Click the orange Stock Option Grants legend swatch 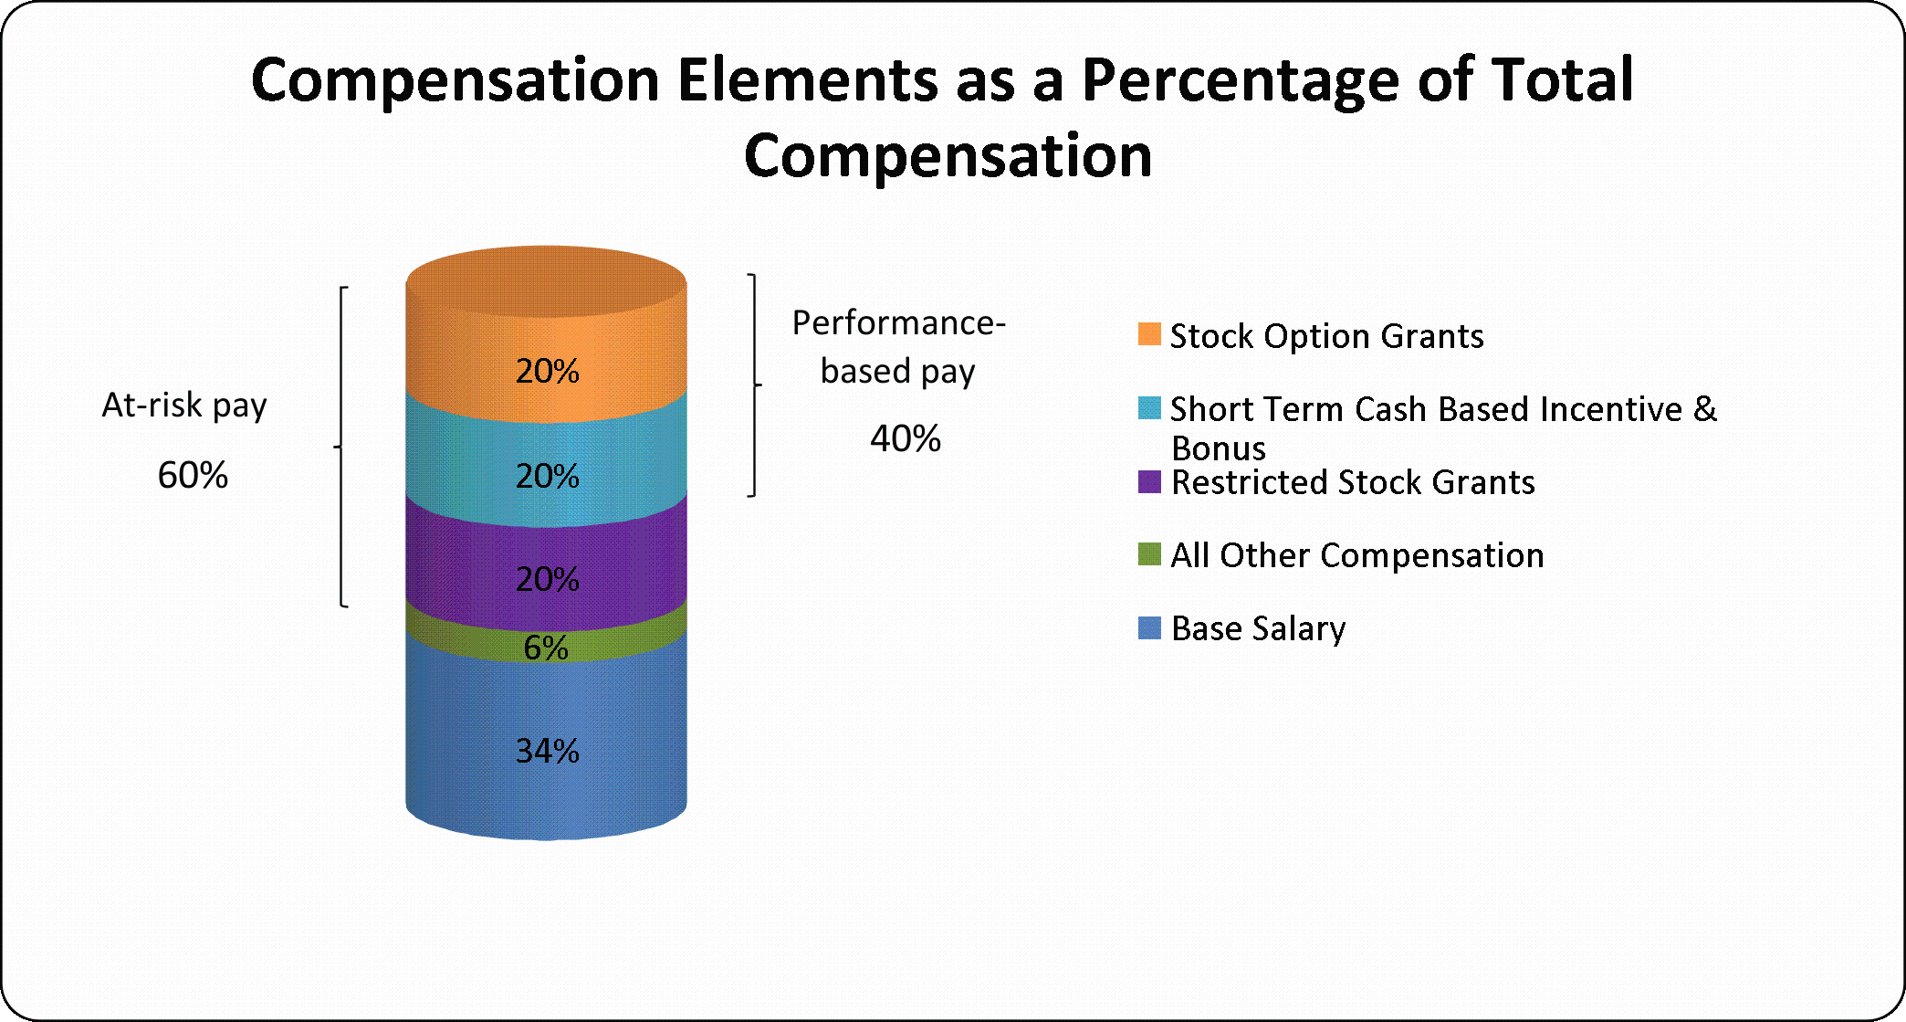pyautogui.click(x=1149, y=334)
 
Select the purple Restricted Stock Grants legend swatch pyautogui.click(x=1149, y=481)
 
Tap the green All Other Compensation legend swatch pyautogui.click(x=1149, y=554)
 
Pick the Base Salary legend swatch pyautogui.click(x=1149, y=627)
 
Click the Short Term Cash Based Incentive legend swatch pyautogui.click(x=1149, y=407)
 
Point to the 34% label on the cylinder pyautogui.click(x=548, y=751)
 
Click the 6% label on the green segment pyautogui.click(x=546, y=648)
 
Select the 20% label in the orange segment pyautogui.click(x=548, y=371)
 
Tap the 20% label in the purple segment pyautogui.click(x=548, y=579)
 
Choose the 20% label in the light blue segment pyautogui.click(x=548, y=476)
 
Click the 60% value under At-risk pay pyautogui.click(x=193, y=475)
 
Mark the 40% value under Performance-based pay pyautogui.click(x=906, y=438)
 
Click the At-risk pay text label pyautogui.click(x=184, y=405)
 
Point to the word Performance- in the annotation pyautogui.click(x=899, y=322)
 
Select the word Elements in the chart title pyautogui.click(x=808, y=79)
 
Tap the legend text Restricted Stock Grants pyautogui.click(x=1353, y=482)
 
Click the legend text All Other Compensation pyautogui.click(x=1357, y=555)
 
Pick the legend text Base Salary pyautogui.click(x=1259, y=628)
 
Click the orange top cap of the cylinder pyautogui.click(x=546, y=281)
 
